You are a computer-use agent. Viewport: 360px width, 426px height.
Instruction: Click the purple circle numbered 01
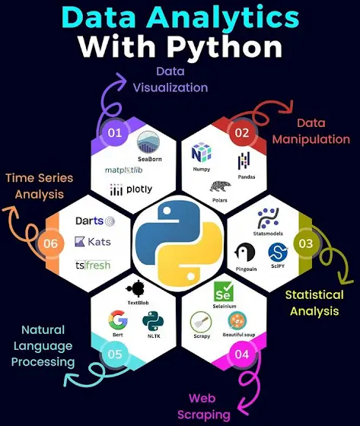114,132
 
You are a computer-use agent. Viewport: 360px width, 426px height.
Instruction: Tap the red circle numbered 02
242,133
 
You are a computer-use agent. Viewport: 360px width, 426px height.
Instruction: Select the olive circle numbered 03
306,243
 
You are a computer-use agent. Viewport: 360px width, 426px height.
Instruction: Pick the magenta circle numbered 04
241,354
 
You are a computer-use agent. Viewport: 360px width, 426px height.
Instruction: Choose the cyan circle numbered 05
115,354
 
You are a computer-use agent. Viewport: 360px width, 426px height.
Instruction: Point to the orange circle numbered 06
51,243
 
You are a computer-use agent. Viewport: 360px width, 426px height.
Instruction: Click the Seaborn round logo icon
148,142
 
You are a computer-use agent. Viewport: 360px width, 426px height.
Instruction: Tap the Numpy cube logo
202,152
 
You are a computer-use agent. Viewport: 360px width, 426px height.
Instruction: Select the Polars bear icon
220,186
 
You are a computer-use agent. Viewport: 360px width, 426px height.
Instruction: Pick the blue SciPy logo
278,252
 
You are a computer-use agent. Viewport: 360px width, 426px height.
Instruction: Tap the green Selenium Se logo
224,291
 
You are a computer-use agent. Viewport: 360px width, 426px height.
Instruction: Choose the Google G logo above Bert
118,319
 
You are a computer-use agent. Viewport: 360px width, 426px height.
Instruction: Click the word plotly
139,189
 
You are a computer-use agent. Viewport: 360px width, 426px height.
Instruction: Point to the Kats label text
99,242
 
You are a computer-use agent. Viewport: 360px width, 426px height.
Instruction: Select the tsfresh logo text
93,265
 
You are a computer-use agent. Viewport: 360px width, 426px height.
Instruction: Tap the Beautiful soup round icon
237,320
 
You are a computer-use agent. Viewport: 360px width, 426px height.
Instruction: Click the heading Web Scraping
204,406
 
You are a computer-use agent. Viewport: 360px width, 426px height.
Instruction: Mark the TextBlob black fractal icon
136,289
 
